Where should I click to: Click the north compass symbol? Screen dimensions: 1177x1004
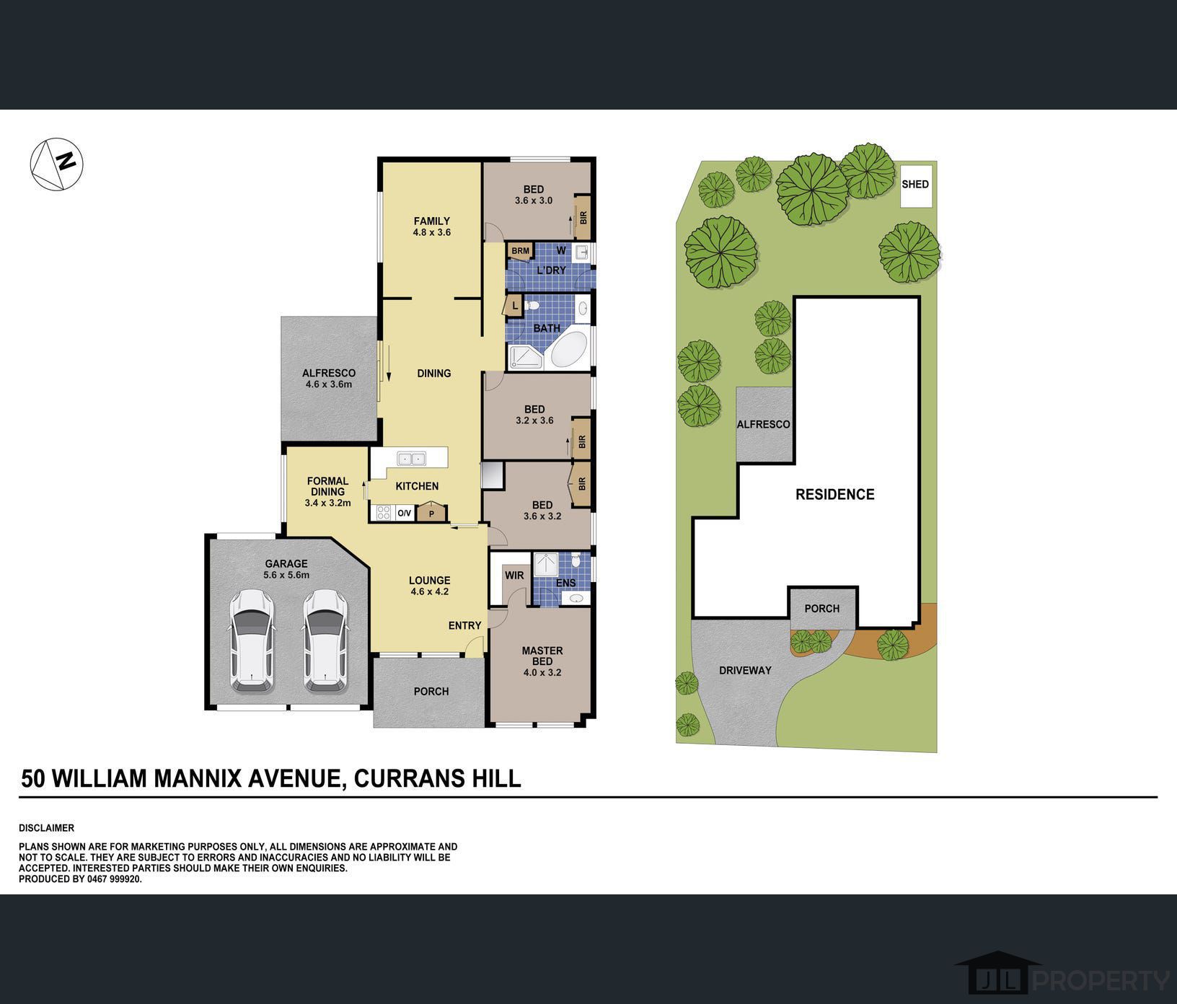(57, 164)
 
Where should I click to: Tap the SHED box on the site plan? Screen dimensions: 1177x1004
(915, 185)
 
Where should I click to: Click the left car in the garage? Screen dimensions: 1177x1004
(252, 640)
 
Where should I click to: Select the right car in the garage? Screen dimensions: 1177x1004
(325, 640)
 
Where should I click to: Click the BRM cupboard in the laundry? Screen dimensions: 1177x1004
(520, 251)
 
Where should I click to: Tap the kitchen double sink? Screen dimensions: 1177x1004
(412, 458)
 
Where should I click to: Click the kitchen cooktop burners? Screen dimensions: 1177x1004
(384, 513)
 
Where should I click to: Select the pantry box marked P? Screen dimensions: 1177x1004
(432, 511)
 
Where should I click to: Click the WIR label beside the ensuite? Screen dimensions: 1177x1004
(514, 576)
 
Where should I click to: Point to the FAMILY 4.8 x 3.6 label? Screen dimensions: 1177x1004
(432, 226)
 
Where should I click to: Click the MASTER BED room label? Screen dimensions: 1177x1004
(542, 656)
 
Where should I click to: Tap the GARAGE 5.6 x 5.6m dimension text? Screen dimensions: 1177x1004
(286, 575)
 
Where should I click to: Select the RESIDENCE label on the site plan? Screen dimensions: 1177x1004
(835, 494)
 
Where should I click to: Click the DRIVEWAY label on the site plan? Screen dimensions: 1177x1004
(745, 670)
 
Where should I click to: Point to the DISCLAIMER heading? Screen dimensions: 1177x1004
(46, 828)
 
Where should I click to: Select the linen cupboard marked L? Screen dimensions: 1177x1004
(514, 306)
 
